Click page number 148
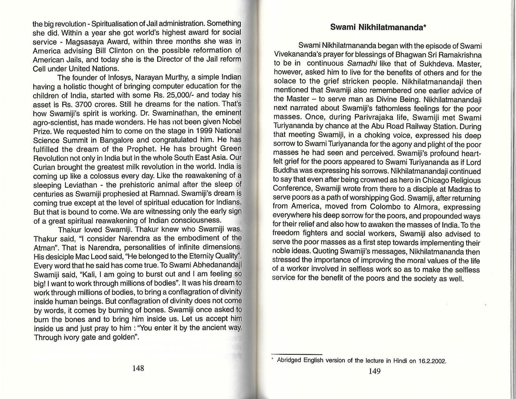point(138,368)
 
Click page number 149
point(374,371)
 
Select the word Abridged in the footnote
point(289,360)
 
